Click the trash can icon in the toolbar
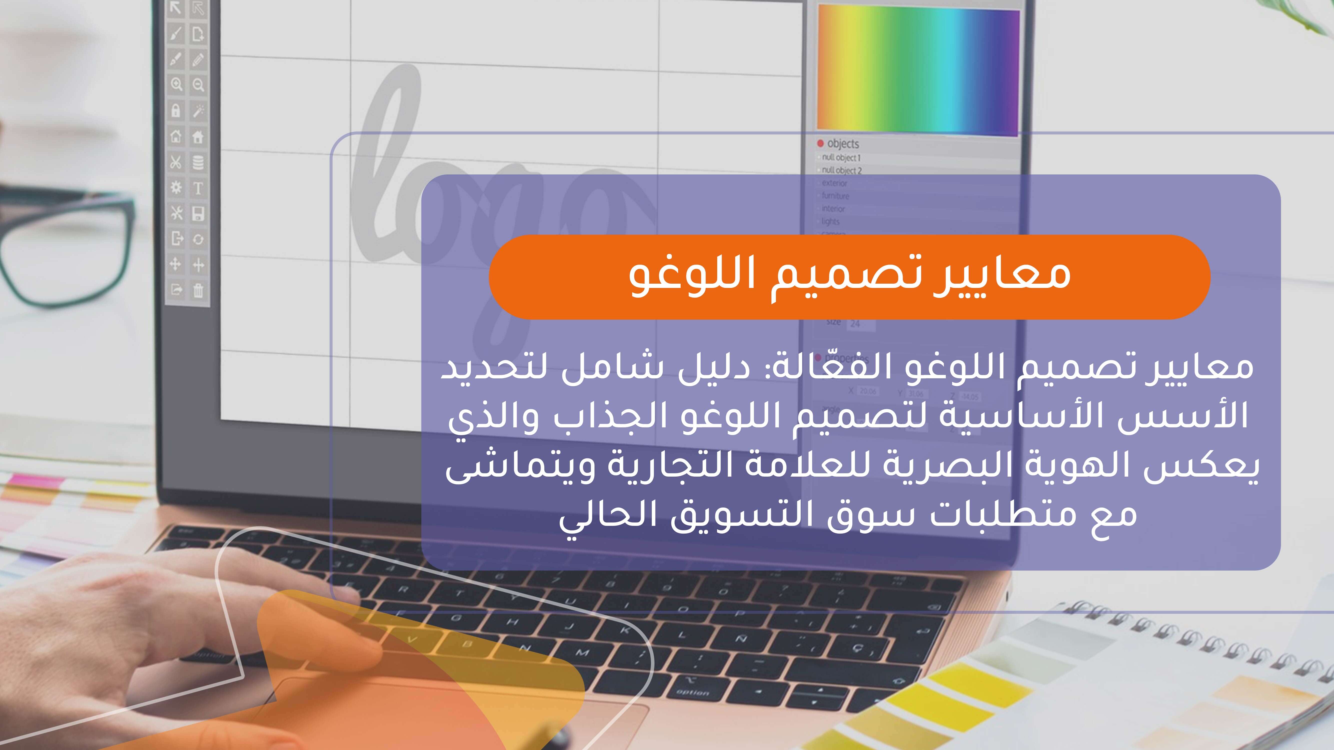pyautogui.click(x=198, y=291)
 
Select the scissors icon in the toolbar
pyautogui.click(x=176, y=162)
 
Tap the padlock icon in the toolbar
pyautogui.click(x=176, y=111)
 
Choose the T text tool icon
pyautogui.click(x=198, y=188)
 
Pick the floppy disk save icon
pyautogui.click(x=198, y=214)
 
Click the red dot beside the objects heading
pyautogui.click(x=820, y=143)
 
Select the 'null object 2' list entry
pyautogui.click(x=841, y=170)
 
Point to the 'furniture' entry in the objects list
pyautogui.click(x=835, y=196)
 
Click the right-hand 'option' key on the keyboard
pyautogui.click(x=692, y=693)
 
